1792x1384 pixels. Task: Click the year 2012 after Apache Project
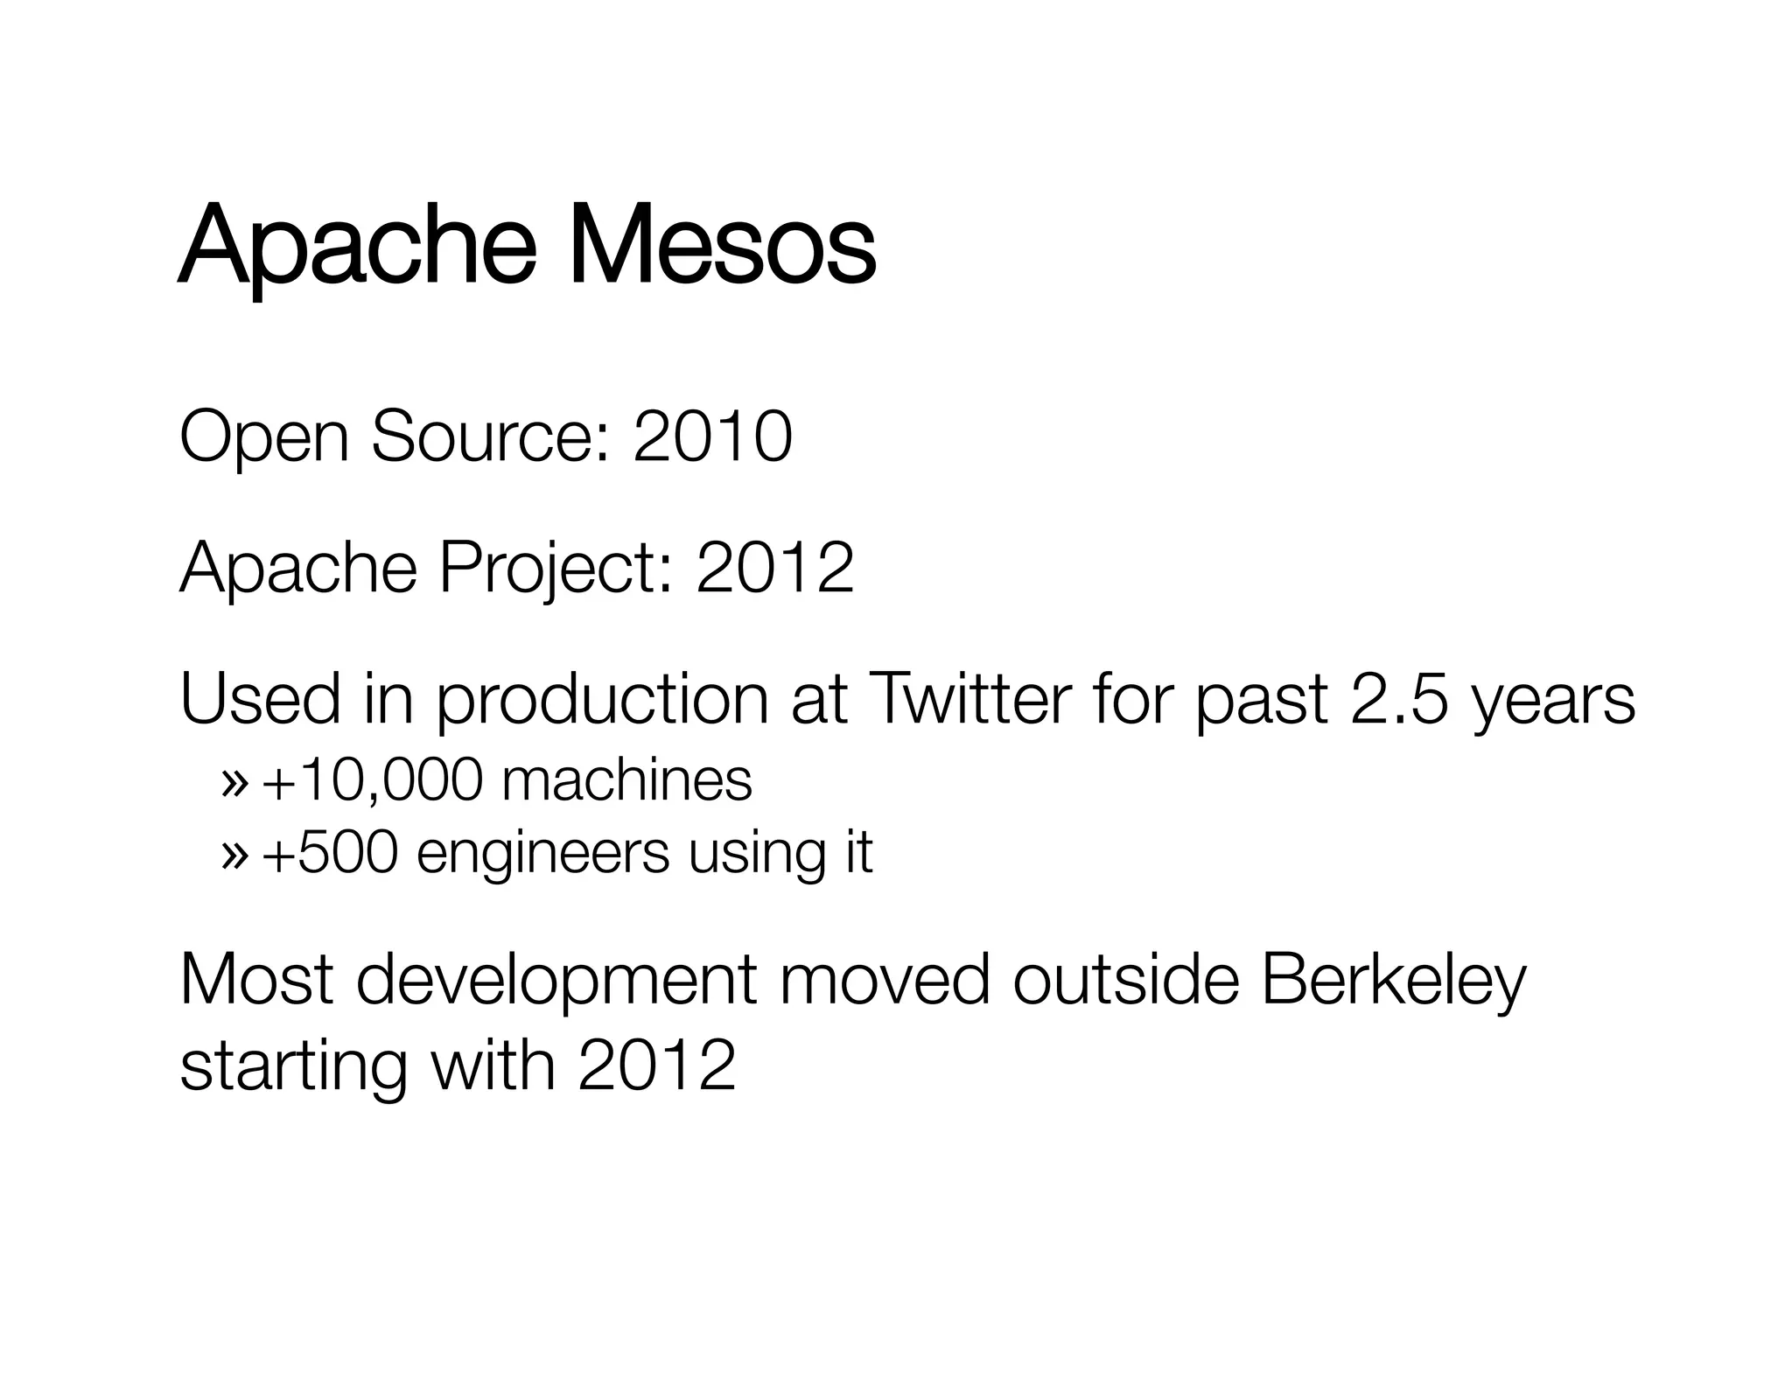click(774, 568)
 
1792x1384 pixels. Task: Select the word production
click(602, 702)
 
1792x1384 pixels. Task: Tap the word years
click(1552, 702)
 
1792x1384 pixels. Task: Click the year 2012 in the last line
click(656, 1066)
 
